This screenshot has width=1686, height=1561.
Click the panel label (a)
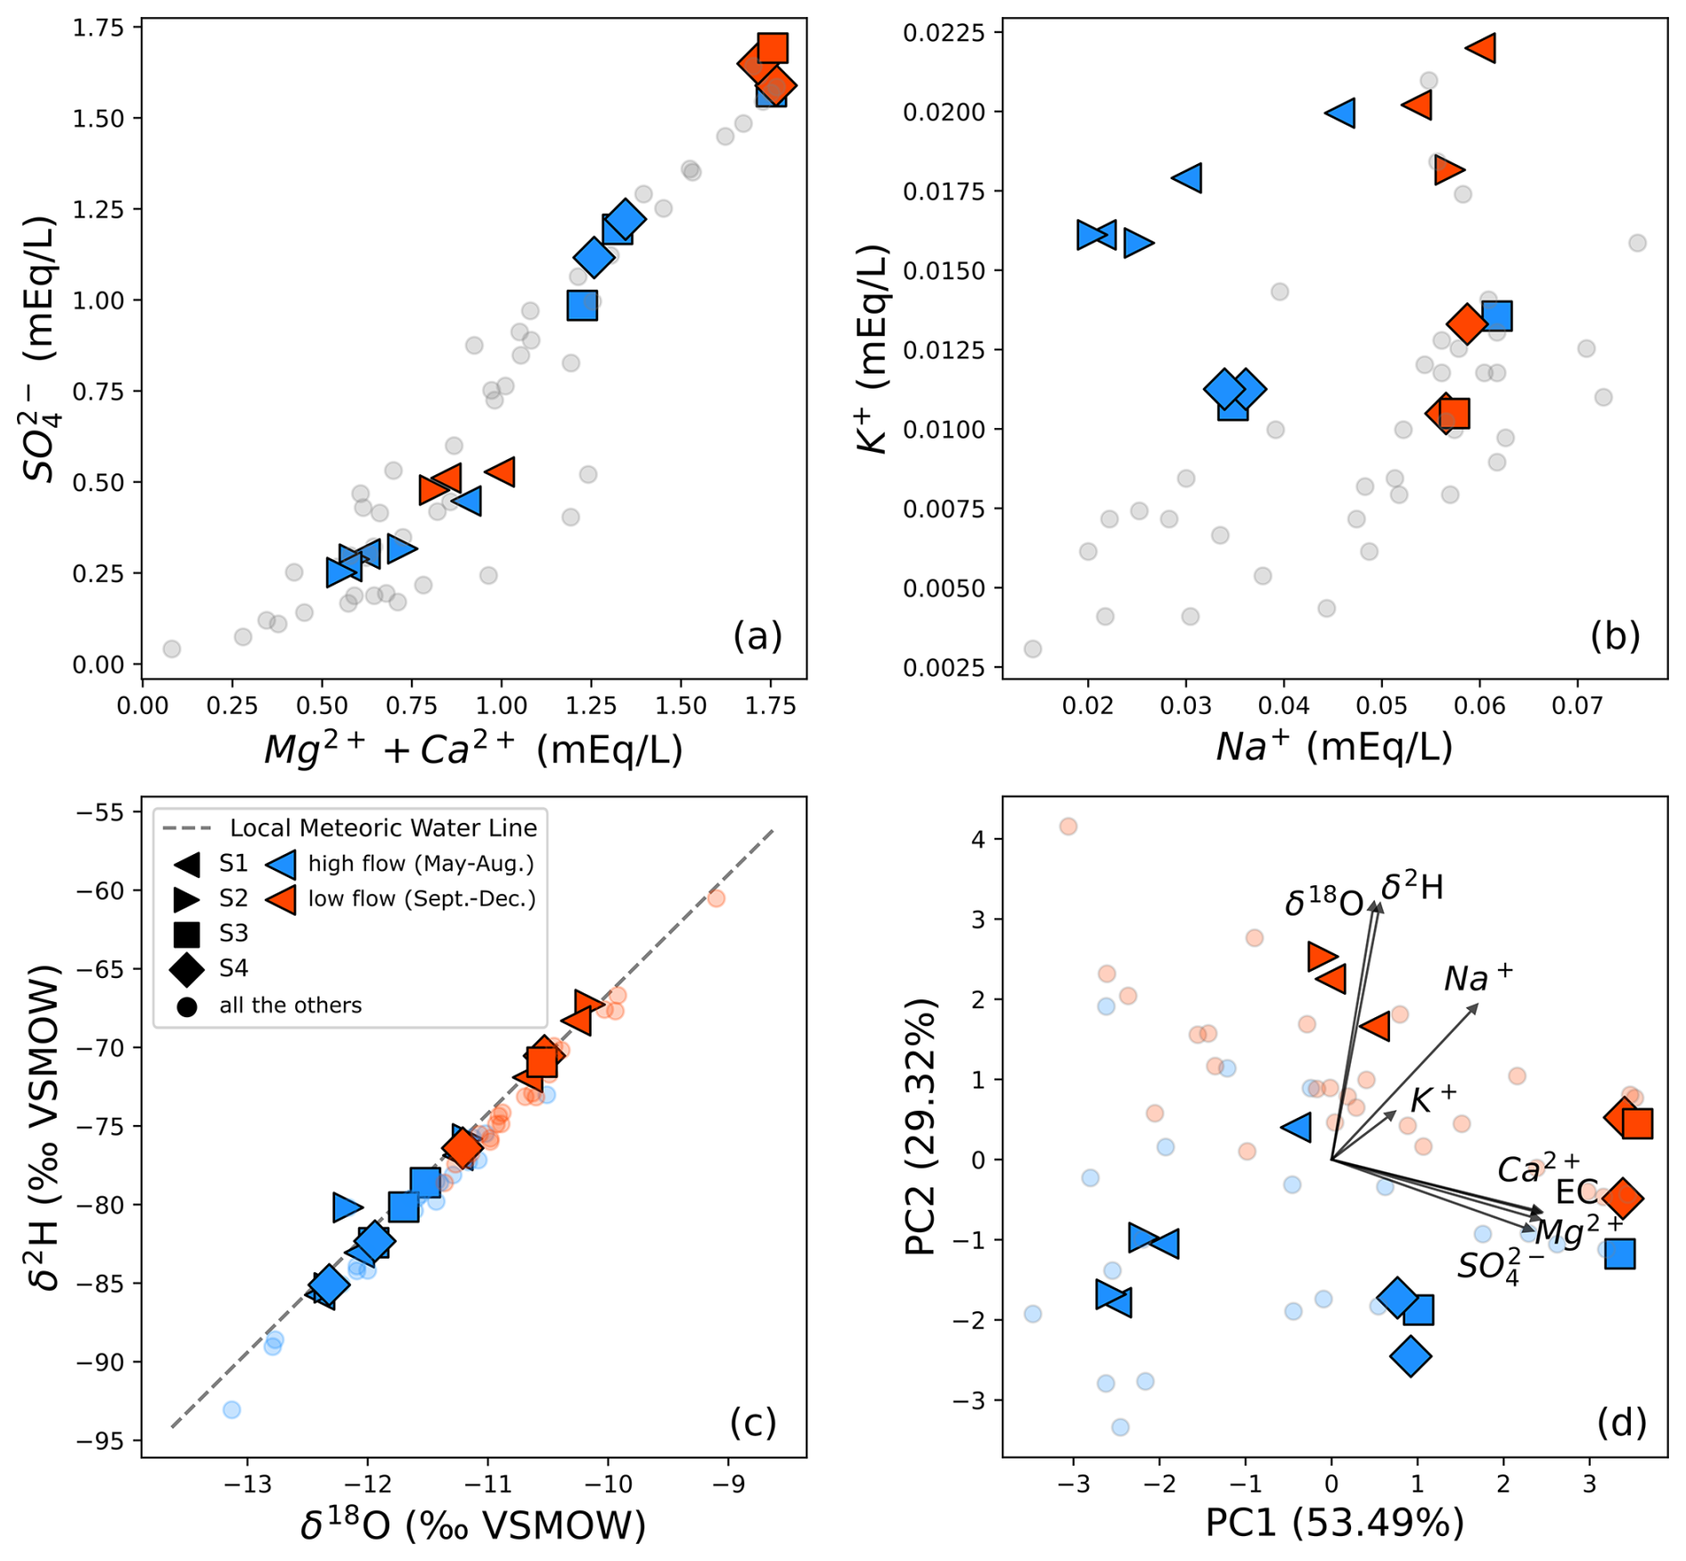[757, 636]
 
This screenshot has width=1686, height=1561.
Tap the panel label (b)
[1615, 636]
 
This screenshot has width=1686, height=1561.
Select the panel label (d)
[1620, 1423]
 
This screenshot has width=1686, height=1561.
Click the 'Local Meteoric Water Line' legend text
[383, 828]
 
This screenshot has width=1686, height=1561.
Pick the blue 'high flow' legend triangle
[282, 863]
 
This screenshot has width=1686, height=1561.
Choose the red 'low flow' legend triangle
[282, 899]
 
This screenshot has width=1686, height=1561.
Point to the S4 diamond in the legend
[187, 969]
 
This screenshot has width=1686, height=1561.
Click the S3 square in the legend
[187, 933]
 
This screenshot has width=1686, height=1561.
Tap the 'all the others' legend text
[291, 1006]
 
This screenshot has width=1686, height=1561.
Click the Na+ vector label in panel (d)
[1477, 978]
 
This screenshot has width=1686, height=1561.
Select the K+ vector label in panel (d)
[1433, 1100]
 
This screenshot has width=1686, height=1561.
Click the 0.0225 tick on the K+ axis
[944, 33]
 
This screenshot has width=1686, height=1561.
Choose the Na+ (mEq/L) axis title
[1334, 747]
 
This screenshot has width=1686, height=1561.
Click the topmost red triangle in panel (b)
[1481, 48]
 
